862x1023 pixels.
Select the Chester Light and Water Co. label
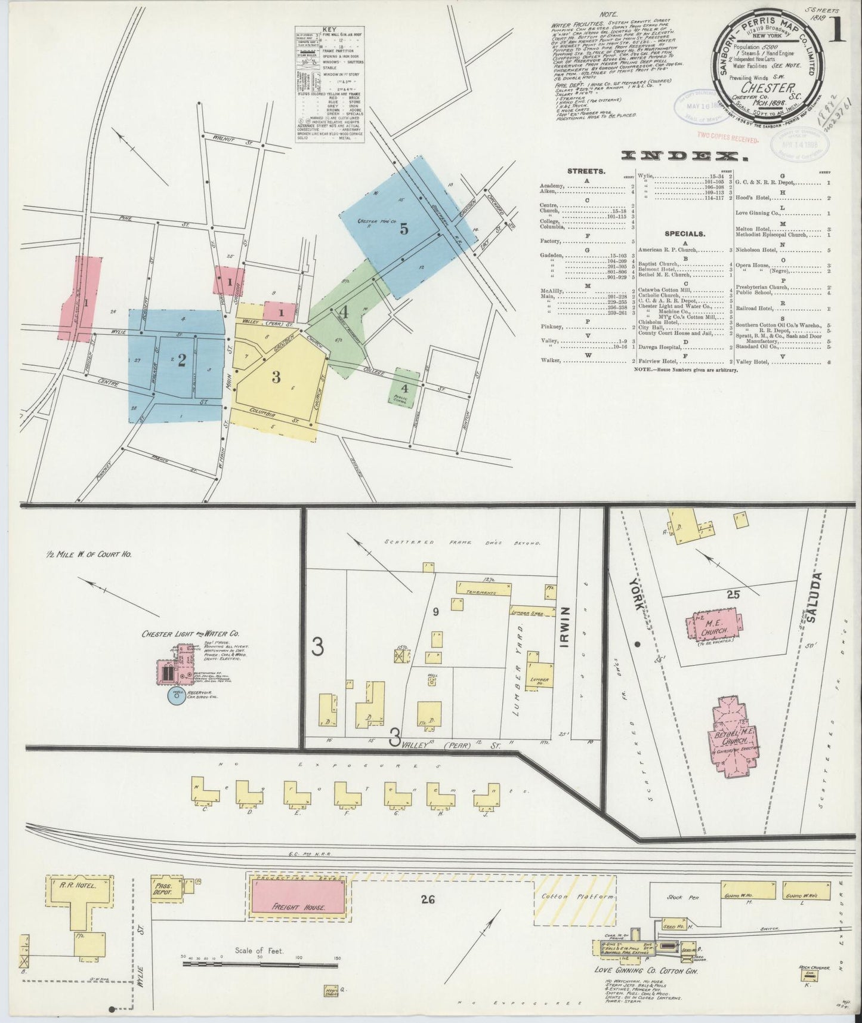[x=177, y=634]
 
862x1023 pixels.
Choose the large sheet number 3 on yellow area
[x=276, y=377]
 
